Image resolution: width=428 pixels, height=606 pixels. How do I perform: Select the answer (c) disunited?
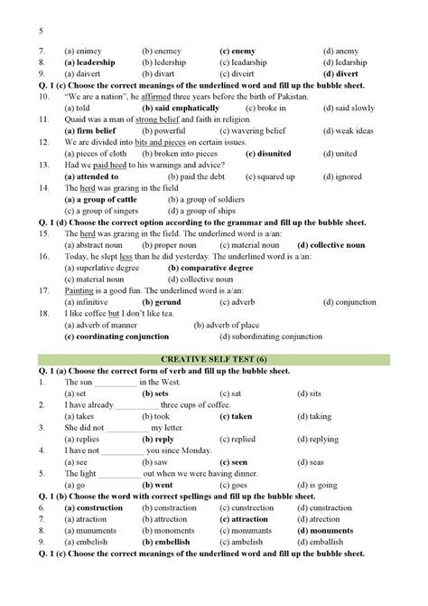tap(247, 154)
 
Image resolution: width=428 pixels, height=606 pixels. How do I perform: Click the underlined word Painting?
tap(83, 290)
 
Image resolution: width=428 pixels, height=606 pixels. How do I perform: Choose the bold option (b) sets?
tap(155, 394)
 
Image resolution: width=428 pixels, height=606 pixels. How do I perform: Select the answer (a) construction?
tap(95, 507)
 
